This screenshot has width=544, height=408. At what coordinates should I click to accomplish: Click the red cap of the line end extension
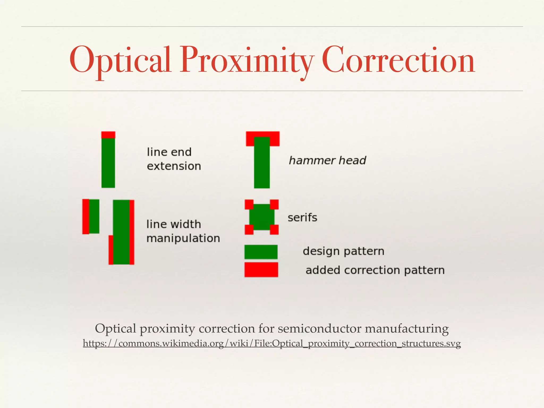[108, 135]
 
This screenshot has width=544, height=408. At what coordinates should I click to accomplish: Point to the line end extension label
[174, 159]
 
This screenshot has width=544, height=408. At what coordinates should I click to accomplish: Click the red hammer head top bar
[262, 134]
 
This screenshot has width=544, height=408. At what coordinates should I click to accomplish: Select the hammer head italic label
[327, 160]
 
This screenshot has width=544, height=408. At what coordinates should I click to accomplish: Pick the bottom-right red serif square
[274, 229]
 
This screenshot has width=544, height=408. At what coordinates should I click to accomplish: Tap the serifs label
[302, 218]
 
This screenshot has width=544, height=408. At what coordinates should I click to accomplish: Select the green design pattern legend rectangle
[261, 252]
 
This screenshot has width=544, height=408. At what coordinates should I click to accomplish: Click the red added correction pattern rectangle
[261, 270]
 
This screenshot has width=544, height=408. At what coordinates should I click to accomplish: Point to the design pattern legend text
[343, 251]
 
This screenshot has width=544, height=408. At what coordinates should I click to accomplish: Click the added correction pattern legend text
[375, 270]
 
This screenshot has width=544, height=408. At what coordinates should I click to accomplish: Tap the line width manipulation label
[183, 231]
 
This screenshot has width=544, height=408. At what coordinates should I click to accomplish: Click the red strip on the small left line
[86, 216]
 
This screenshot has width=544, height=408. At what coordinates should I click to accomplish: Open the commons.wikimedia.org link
[272, 343]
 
